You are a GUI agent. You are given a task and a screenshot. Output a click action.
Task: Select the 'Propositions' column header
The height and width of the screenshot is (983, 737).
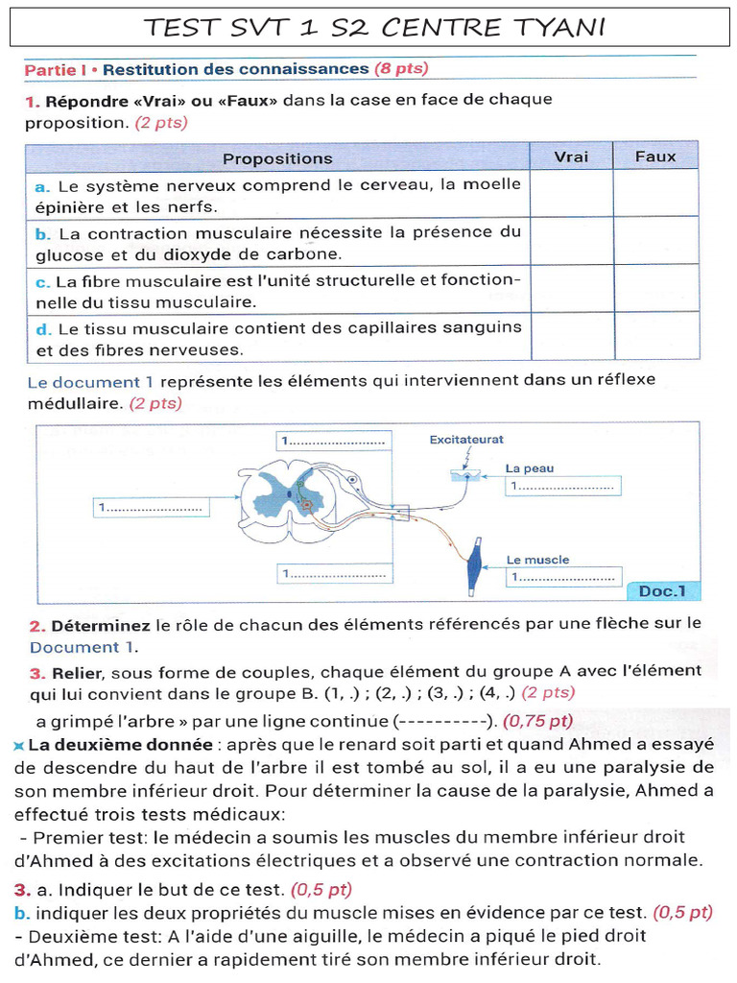(x=277, y=157)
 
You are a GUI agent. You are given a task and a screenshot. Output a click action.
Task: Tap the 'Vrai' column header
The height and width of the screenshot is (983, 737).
(x=571, y=156)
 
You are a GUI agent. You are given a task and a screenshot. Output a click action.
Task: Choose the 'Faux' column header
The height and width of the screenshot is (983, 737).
(x=655, y=156)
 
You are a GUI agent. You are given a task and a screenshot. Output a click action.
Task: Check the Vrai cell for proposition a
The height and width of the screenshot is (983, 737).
(x=571, y=194)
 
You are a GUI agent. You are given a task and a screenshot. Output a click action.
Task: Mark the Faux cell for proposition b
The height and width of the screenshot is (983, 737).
(x=655, y=241)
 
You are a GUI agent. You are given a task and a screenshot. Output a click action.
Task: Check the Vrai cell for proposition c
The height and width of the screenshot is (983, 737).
(x=571, y=289)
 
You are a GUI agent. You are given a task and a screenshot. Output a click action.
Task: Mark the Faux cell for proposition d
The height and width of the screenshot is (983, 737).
(x=655, y=336)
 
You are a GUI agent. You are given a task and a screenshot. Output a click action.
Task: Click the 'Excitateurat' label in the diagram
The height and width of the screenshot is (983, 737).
(x=466, y=440)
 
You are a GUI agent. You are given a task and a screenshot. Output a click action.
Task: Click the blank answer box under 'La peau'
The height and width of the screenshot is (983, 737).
(x=563, y=488)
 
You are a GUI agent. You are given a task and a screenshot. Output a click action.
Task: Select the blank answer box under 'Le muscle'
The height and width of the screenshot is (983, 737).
(x=563, y=578)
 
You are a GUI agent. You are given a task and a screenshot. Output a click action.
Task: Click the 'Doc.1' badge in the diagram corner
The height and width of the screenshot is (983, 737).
(x=669, y=591)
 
